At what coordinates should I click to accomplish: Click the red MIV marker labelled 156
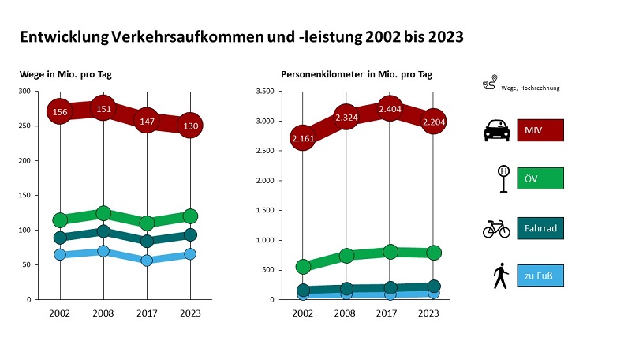(x=60, y=111)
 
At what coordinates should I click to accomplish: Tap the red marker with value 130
(x=190, y=125)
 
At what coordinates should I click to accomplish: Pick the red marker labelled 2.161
(x=303, y=138)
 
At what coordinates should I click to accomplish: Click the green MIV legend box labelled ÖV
(x=540, y=179)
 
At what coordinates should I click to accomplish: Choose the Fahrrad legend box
(x=540, y=228)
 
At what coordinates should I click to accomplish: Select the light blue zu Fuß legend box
(x=540, y=277)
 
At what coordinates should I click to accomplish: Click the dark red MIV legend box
(x=540, y=130)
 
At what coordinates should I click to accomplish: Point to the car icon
(x=496, y=130)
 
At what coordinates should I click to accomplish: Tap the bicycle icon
(x=496, y=229)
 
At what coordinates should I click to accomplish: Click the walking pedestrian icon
(x=499, y=277)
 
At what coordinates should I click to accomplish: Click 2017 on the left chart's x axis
(x=146, y=313)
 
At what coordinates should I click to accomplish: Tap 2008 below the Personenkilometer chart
(x=346, y=313)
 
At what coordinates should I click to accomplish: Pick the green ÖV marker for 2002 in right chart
(x=303, y=267)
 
